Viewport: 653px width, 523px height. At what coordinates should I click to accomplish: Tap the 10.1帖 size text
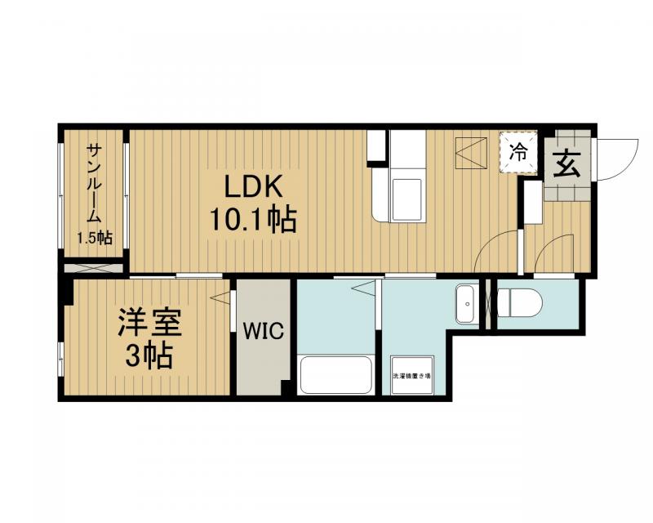(254, 220)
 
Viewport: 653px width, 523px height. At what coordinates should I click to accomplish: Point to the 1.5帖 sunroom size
(94, 239)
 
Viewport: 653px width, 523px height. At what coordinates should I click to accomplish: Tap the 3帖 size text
(148, 355)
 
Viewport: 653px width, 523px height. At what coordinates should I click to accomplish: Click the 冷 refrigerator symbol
(519, 151)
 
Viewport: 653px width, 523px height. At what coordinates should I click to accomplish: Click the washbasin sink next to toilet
(467, 304)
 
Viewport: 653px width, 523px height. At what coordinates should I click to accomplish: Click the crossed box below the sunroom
(94, 266)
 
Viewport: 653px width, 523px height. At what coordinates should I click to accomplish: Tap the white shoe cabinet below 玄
(533, 201)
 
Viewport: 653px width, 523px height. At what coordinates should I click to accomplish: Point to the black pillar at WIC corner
(287, 387)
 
